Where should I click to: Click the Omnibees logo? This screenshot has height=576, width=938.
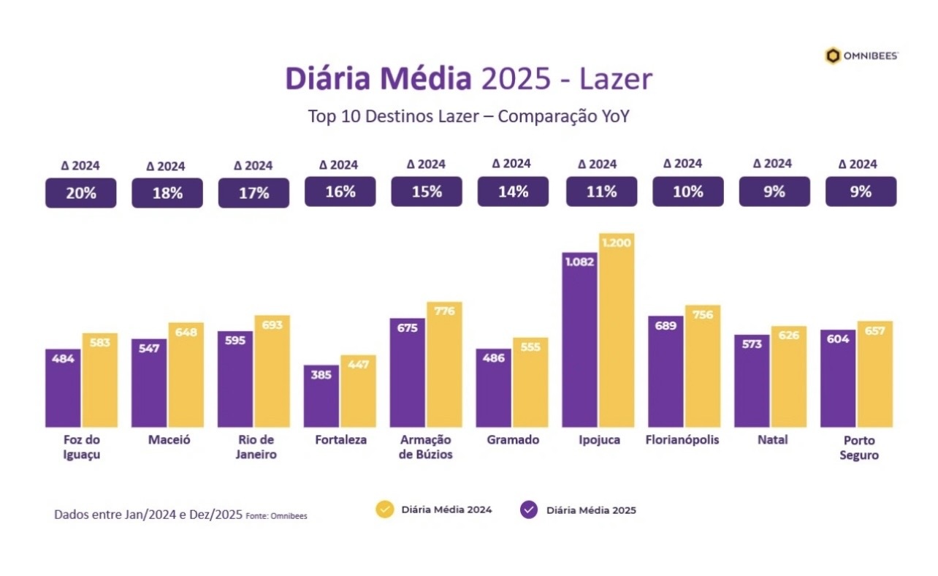coord(861,56)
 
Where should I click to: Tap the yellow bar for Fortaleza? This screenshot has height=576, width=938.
coord(358,391)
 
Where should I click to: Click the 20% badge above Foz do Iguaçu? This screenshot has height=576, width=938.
coord(80,193)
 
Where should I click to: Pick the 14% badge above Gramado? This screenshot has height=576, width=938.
coord(513,192)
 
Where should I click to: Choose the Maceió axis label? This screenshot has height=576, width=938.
coord(168,440)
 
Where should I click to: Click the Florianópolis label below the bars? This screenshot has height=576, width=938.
coord(682,440)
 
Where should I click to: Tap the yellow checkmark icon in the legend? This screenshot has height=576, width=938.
coord(384,509)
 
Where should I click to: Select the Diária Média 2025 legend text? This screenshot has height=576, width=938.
coord(591,510)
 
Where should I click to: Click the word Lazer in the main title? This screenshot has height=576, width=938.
coord(615,79)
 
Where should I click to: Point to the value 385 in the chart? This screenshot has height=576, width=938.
coord(321,375)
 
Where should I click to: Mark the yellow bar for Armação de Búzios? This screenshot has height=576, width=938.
coord(444,365)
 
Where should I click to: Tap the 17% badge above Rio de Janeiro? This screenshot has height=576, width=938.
coord(253,193)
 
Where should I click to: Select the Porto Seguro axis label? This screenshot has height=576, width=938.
coord(858,447)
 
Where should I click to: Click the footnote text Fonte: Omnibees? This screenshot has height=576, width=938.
coord(276,515)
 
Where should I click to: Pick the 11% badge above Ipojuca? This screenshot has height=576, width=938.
coord(601,192)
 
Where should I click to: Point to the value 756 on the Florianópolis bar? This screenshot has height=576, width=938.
coord(703,315)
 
